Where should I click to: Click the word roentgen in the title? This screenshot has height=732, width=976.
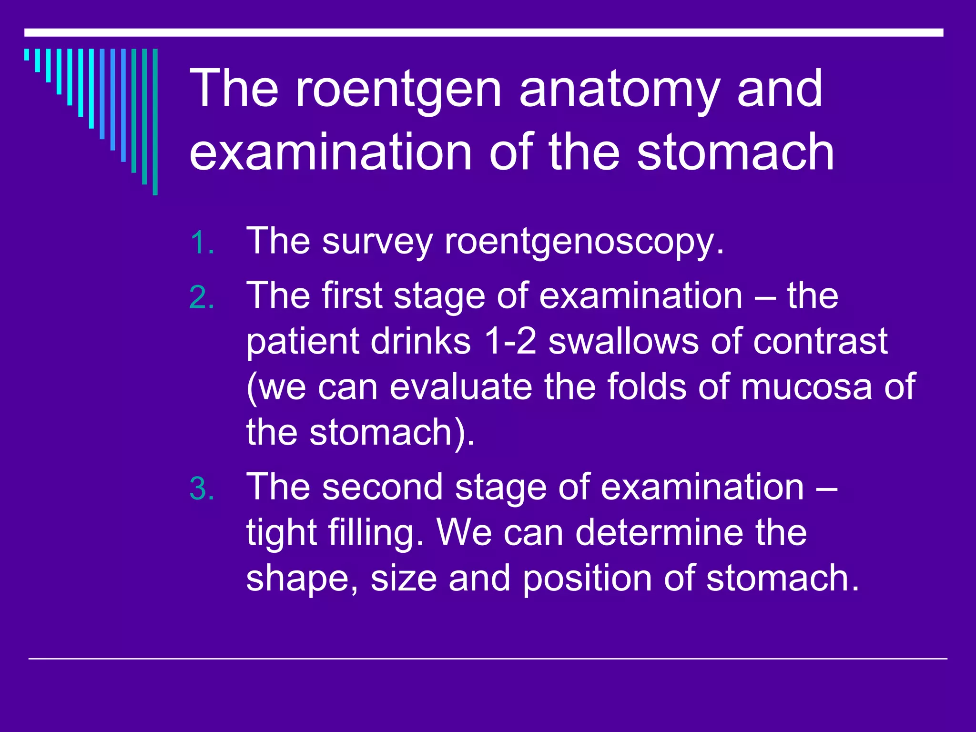coord(398,89)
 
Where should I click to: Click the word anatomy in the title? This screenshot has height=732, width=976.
coord(619,89)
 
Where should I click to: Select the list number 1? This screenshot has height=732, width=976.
coord(202,244)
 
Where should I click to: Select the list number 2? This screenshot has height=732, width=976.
coord(202,298)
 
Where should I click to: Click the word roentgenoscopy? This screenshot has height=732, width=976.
coord(584,242)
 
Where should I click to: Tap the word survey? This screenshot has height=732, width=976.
coord(377,242)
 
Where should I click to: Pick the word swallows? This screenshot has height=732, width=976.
coord(623,341)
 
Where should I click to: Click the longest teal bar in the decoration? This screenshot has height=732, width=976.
coord(155,122)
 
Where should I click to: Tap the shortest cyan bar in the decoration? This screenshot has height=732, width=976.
coord(27,54)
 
